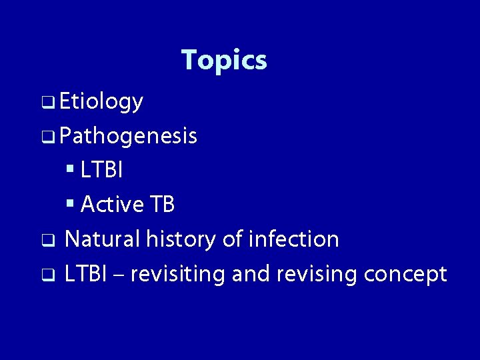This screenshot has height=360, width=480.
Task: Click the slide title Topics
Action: pyautogui.click(x=224, y=60)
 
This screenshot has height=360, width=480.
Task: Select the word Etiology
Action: pyautogui.click(x=101, y=102)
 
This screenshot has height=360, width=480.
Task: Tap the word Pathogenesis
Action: pyautogui.click(x=127, y=137)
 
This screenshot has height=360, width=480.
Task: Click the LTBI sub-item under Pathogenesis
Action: pyautogui.click(x=101, y=171)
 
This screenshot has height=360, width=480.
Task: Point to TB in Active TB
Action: pyautogui.click(x=162, y=205)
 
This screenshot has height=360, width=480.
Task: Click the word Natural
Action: pyautogui.click(x=101, y=239)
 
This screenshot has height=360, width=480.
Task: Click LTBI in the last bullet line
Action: pyautogui.click(x=86, y=273)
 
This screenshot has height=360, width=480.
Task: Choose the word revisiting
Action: pyautogui.click(x=178, y=273)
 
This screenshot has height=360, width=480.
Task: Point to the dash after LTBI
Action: pyautogui.click(x=120, y=275)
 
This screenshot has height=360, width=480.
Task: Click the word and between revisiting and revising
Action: pyautogui.click(x=249, y=273)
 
